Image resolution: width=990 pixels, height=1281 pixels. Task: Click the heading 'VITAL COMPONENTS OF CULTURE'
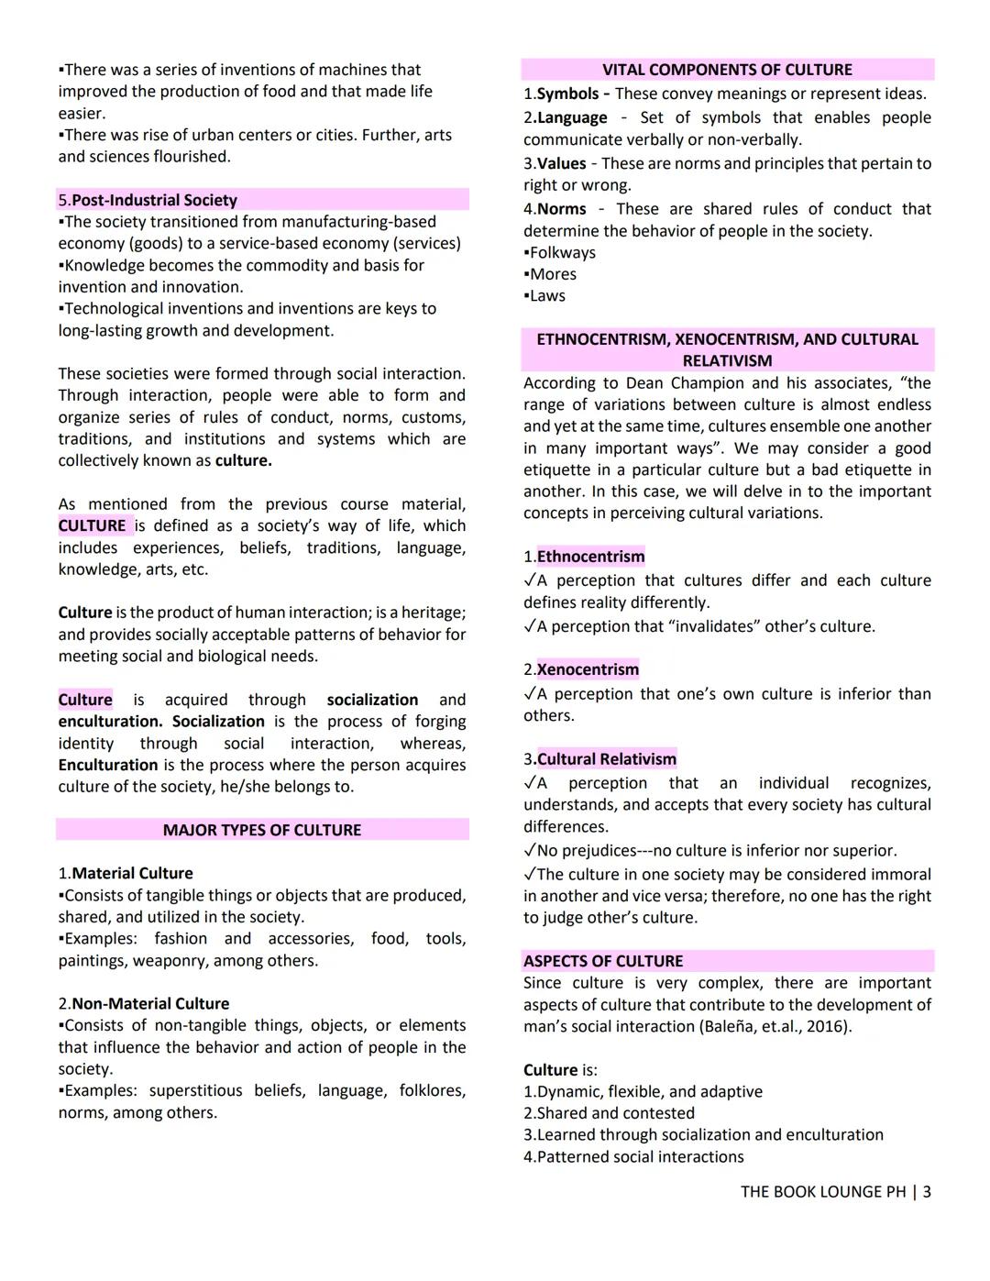(727, 70)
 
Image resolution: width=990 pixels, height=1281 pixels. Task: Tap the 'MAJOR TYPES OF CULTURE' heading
(262, 830)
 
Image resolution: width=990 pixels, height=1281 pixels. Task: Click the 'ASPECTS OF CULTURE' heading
(603, 961)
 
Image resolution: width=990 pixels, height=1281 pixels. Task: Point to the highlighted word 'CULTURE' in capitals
(92, 525)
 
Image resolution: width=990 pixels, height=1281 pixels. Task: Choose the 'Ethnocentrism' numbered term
(590, 557)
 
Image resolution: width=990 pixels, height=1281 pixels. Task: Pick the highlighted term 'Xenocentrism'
(588, 669)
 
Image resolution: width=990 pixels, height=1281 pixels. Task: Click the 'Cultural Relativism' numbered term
(606, 759)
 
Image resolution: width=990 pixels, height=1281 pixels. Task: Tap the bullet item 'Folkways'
(562, 252)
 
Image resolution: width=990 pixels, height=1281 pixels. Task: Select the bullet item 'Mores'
(553, 274)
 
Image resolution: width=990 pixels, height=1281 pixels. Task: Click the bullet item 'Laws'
(547, 295)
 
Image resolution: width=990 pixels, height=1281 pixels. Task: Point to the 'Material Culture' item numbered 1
(132, 873)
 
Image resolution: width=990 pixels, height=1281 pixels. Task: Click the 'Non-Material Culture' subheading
(150, 1003)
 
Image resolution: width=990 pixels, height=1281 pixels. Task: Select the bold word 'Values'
(561, 163)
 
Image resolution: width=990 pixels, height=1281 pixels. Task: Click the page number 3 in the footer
(927, 1192)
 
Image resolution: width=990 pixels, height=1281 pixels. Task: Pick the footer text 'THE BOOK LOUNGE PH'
(822, 1192)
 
